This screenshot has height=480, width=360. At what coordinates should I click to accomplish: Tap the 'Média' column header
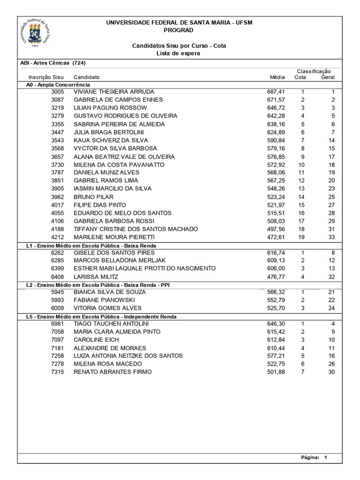click(x=277, y=77)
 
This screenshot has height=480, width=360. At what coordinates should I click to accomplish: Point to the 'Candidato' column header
click(x=87, y=77)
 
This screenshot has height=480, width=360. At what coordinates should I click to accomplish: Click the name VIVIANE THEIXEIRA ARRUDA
click(x=114, y=92)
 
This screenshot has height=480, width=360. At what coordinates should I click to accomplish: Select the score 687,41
click(x=276, y=92)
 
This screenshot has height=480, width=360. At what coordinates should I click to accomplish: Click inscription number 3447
click(x=57, y=132)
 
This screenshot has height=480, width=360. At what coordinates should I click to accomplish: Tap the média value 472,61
click(x=276, y=237)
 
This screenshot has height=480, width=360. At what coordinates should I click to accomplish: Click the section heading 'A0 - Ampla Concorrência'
click(x=58, y=84)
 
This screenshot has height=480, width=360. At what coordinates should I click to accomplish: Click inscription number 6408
click(x=57, y=277)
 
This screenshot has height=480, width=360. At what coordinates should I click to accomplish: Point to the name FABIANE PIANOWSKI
click(x=104, y=300)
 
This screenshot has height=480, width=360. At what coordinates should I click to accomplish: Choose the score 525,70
click(x=276, y=308)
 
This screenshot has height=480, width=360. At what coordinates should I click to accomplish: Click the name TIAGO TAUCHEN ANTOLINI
click(x=111, y=323)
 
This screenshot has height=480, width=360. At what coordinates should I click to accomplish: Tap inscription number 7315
click(x=57, y=372)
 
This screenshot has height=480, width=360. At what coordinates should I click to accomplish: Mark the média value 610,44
click(x=276, y=348)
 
